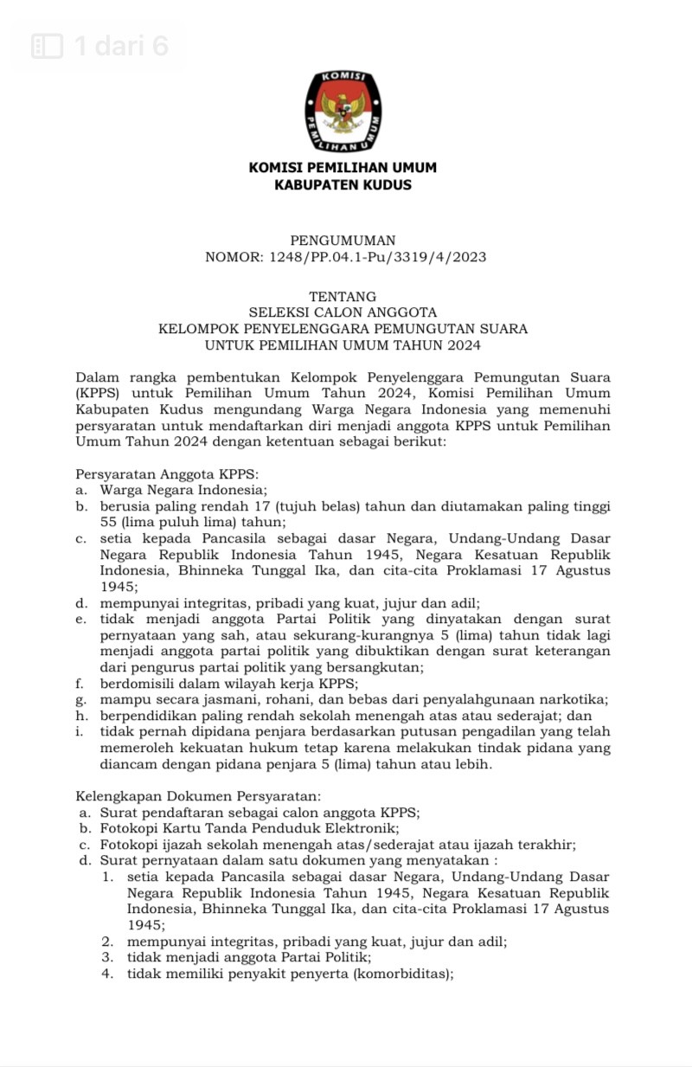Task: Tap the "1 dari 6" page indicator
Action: (x=121, y=46)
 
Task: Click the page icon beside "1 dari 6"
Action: (x=48, y=46)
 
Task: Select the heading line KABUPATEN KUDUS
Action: (x=343, y=185)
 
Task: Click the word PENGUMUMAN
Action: (x=343, y=241)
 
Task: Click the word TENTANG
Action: (x=343, y=296)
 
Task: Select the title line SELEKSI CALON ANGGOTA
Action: (x=343, y=312)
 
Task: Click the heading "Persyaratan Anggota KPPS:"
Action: (x=168, y=473)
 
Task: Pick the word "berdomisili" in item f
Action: (x=137, y=683)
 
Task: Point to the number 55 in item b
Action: (x=108, y=522)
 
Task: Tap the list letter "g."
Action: (x=81, y=699)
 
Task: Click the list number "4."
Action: (x=107, y=974)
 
